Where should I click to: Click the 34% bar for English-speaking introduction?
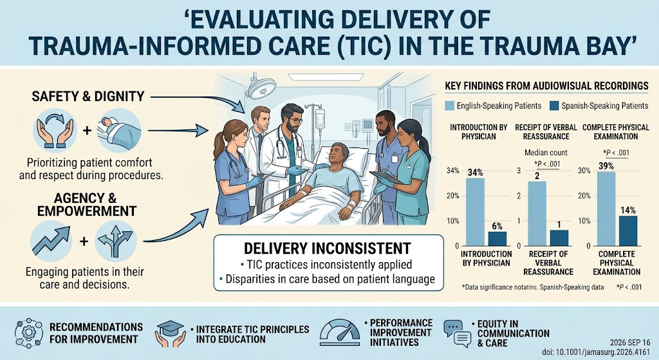click(x=475, y=212)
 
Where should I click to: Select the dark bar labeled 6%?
click(x=497, y=238)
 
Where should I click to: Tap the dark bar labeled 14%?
click(x=628, y=231)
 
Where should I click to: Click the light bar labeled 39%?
click(x=606, y=209)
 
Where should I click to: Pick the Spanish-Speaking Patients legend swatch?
click(x=554, y=106)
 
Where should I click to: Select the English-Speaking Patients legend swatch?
click(x=449, y=106)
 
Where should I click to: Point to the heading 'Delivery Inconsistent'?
click(x=328, y=248)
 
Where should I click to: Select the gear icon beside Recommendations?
click(x=28, y=334)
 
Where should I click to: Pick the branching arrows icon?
click(x=116, y=242)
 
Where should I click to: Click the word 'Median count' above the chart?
click(x=546, y=153)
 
